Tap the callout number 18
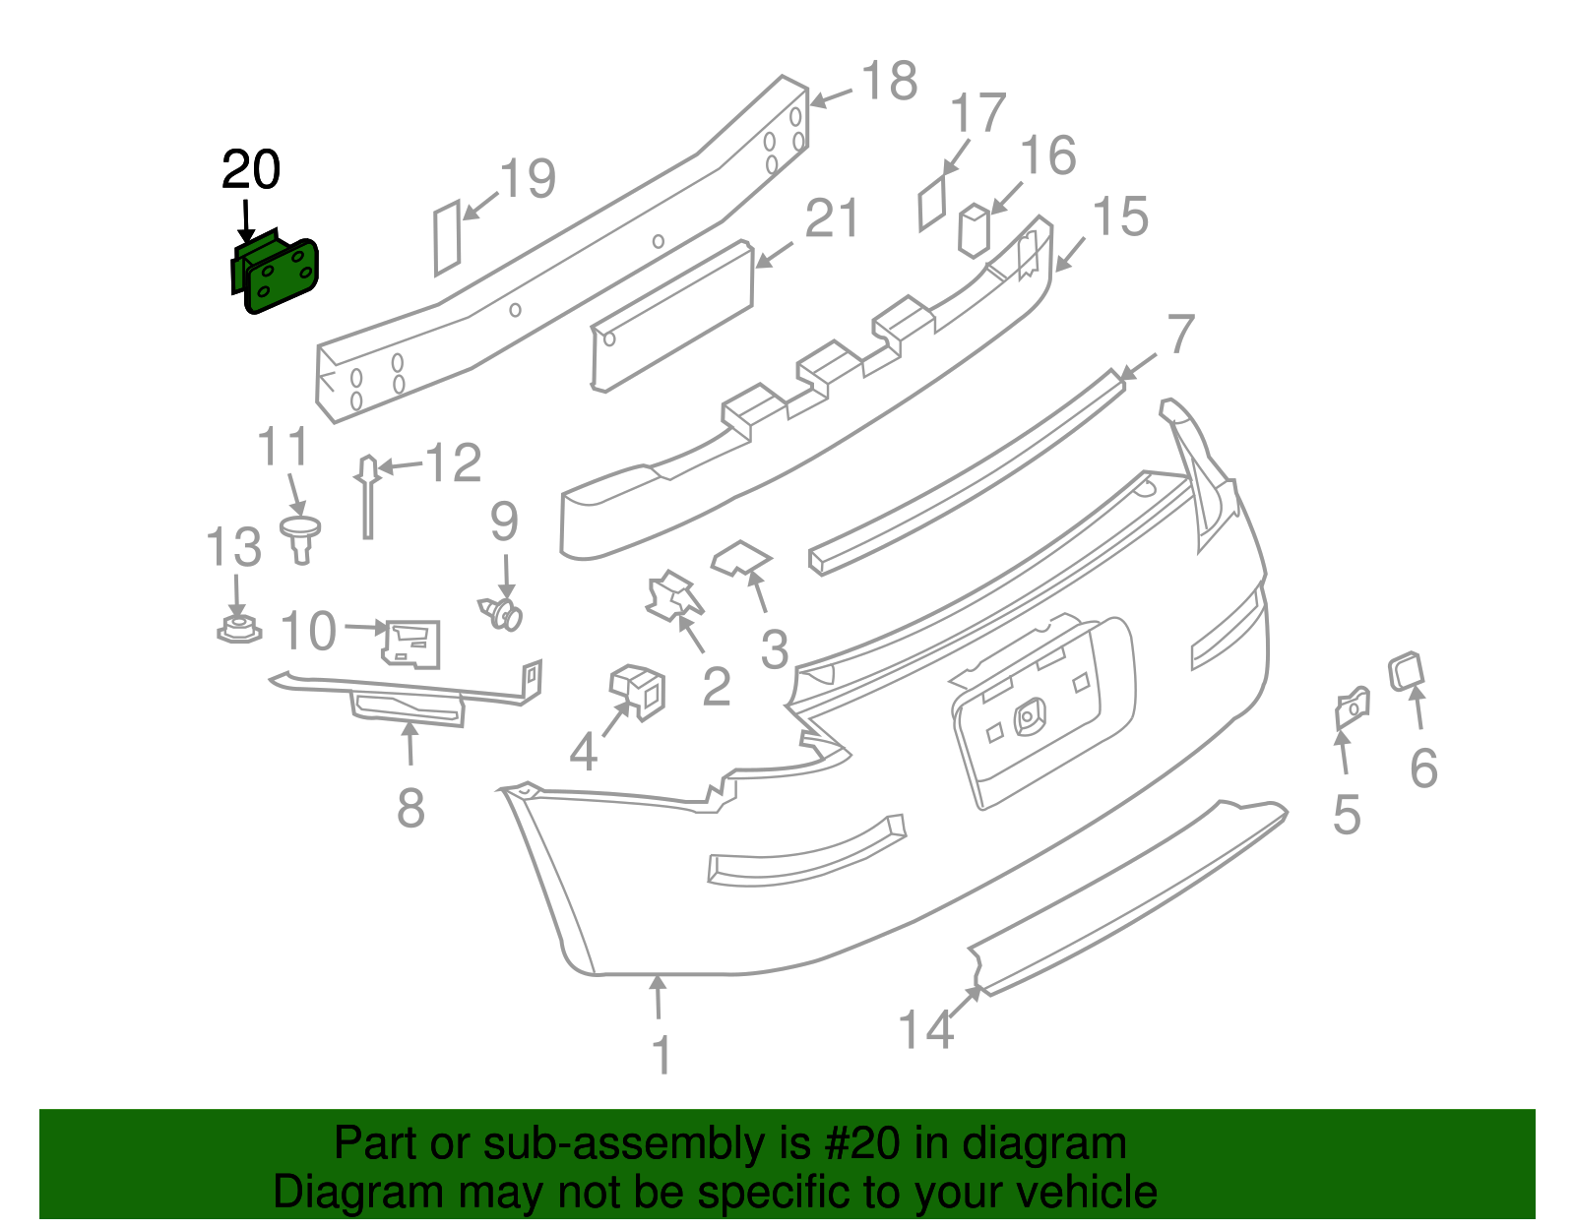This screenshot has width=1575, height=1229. coord(889,82)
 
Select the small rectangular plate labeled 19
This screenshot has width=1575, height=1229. coord(447,237)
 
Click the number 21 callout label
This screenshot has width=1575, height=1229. coord(832,219)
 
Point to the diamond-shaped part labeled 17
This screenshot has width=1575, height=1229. coord(932,204)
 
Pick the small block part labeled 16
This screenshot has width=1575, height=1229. coord(974,230)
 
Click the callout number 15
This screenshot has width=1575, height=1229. coord(1120,217)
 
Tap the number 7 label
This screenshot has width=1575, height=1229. coord(1181,335)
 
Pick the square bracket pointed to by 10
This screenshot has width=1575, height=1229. coord(412,644)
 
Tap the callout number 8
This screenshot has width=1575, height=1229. coord(410,809)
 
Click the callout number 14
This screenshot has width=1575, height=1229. coord(925,1030)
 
